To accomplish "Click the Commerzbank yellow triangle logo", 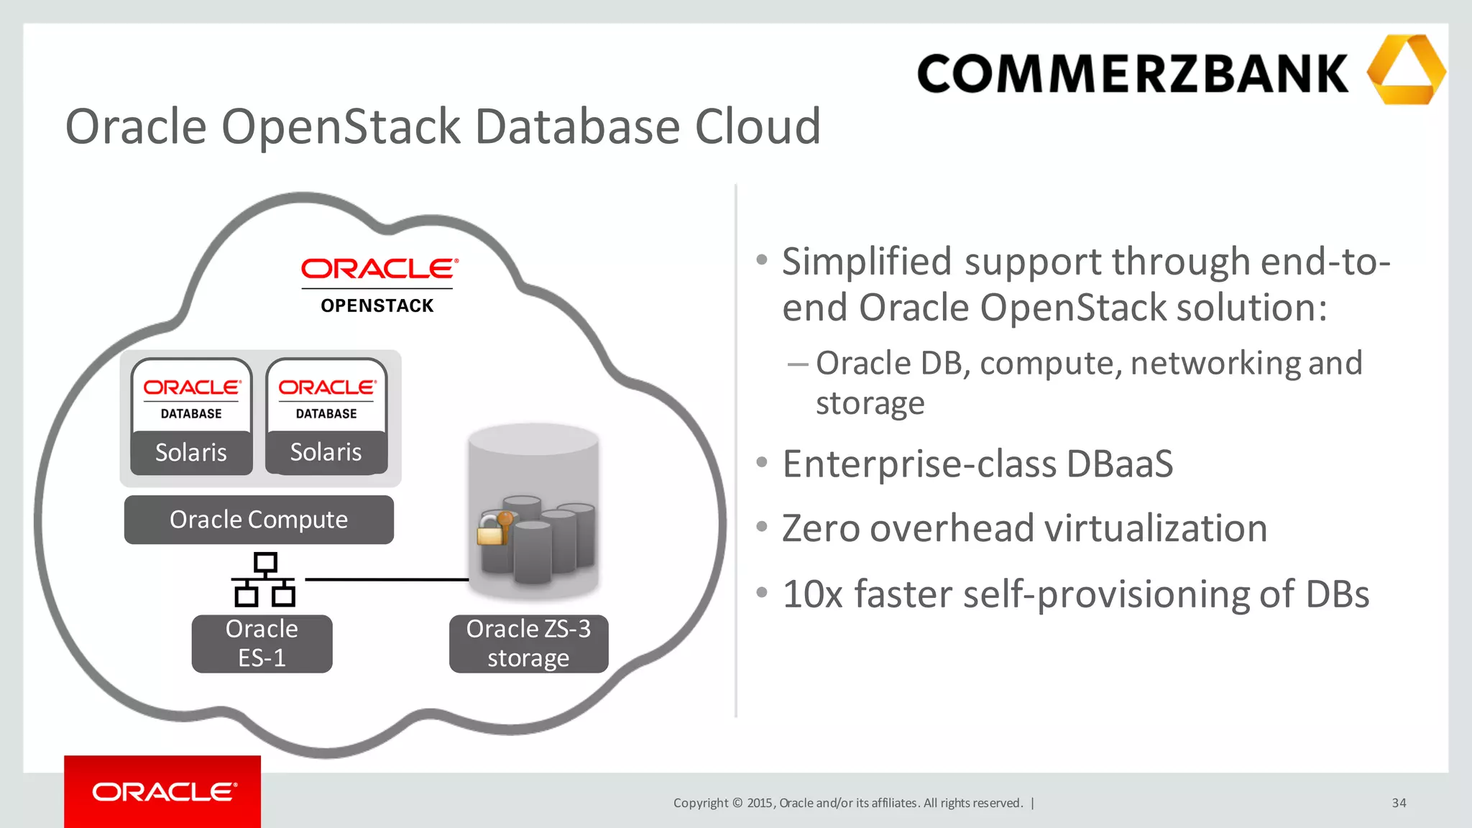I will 1406,70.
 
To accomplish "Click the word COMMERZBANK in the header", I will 1133,73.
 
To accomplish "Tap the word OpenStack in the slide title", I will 341,126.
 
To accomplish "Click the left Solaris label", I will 191,452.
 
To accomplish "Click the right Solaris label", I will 326,452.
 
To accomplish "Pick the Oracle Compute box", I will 259,520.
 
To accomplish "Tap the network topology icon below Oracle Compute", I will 264,579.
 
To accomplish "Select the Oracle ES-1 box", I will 262,643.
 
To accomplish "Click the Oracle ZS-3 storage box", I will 528,643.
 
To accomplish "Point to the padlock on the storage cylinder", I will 491,533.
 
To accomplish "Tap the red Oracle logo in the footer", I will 163,792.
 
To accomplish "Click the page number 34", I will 1399,803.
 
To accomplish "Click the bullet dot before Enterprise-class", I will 762,461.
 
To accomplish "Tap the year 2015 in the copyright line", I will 759,803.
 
